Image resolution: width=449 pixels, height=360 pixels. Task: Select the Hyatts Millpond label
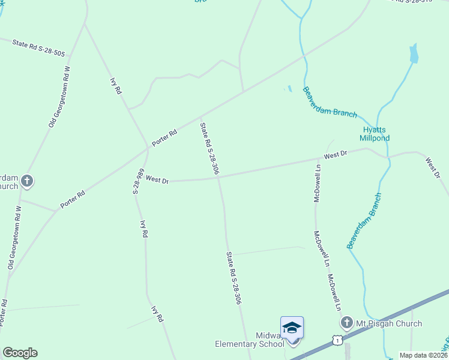click(375, 133)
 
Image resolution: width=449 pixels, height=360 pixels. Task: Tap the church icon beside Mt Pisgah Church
click(346, 324)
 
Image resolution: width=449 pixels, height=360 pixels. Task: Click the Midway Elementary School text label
click(250, 339)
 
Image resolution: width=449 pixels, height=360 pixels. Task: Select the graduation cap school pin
click(292, 328)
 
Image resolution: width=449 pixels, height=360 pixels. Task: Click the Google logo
click(20, 353)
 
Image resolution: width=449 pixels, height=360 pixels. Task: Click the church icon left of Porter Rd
click(26, 181)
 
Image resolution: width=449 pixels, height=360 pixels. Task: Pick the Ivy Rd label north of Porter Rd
click(116, 86)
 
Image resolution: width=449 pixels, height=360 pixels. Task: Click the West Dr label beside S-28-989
click(157, 179)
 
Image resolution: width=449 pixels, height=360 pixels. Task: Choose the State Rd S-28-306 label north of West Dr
click(209, 149)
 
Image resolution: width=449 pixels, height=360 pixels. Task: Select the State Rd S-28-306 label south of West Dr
click(234, 278)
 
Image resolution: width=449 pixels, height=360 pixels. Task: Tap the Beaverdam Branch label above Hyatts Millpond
click(330, 103)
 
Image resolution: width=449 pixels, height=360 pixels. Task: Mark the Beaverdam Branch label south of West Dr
click(364, 221)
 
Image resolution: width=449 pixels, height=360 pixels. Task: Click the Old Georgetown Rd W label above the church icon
click(59, 97)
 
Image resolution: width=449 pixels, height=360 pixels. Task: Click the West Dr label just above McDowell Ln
click(336, 155)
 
